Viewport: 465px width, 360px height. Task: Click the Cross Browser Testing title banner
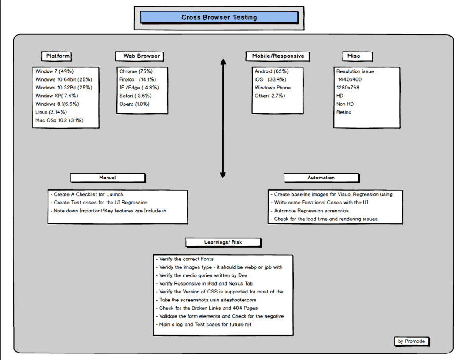coord(219,18)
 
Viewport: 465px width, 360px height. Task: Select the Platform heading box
coord(58,56)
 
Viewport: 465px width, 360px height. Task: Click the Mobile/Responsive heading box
coord(277,56)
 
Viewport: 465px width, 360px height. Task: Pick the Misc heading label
coord(357,56)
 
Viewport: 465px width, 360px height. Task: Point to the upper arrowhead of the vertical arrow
coord(223,62)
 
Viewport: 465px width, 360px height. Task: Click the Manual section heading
coord(107,178)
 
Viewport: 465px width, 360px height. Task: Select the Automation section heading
coord(321,178)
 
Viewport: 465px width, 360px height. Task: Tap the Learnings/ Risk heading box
coord(223,242)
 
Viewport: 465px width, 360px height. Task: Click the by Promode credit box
coord(412,341)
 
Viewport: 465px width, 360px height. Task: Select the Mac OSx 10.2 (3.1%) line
coord(59,120)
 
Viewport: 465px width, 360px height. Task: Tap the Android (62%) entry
coord(272,71)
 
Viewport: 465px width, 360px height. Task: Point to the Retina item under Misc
coord(344,112)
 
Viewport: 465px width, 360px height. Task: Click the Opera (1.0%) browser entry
coord(134,104)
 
